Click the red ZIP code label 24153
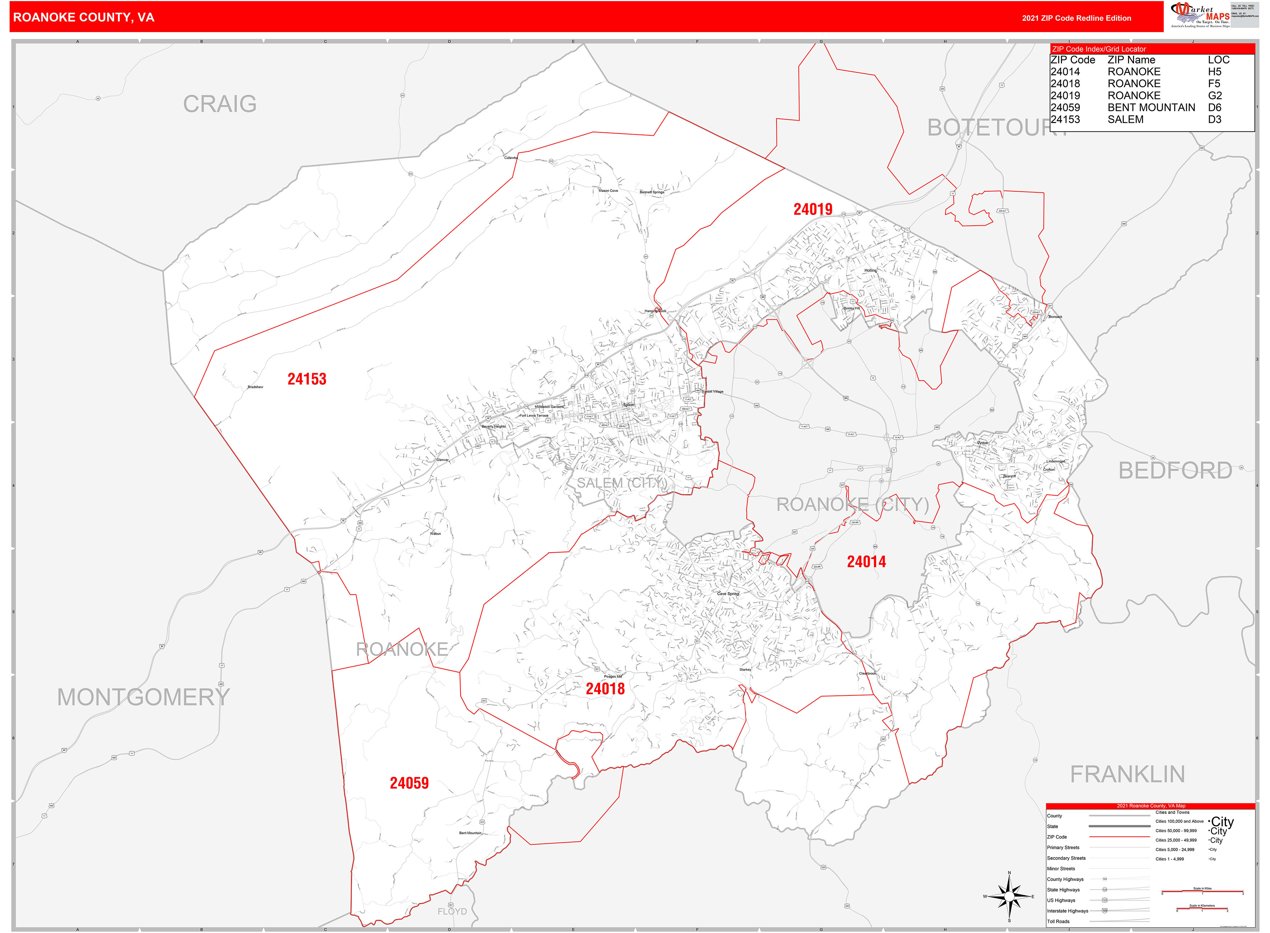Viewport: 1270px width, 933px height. click(307, 379)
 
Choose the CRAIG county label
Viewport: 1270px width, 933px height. click(219, 104)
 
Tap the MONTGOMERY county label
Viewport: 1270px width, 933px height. click(143, 697)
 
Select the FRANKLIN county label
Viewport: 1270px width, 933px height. click(1127, 774)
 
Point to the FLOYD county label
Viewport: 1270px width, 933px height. click(452, 911)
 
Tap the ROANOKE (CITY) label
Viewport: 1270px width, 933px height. click(852, 504)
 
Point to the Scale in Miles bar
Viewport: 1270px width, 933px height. click(1202, 893)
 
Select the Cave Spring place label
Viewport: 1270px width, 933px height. click(728, 594)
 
